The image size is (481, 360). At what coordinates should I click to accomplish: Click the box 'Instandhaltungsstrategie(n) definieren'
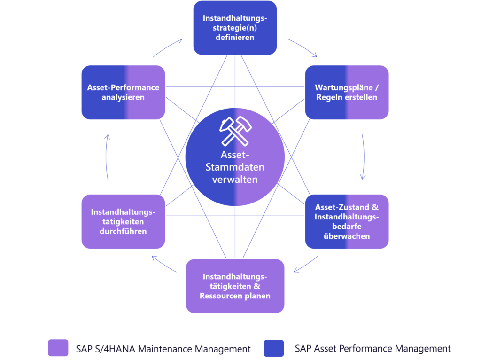[235, 28]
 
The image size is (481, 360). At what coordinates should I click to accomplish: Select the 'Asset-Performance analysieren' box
[123, 92]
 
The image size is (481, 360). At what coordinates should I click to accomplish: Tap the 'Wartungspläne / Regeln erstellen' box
[347, 92]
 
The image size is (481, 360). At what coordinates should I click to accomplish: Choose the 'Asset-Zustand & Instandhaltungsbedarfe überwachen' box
[347, 221]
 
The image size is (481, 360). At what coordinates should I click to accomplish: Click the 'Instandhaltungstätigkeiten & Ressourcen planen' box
[235, 286]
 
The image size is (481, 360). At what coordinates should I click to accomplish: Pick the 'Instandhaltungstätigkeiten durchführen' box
[123, 221]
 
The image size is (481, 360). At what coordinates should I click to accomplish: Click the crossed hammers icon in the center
[235, 130]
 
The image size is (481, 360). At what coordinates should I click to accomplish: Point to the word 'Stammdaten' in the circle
[235, 167]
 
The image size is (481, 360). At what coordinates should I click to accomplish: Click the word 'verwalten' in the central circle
[235, 179]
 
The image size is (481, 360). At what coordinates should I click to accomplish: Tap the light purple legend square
[58, 348]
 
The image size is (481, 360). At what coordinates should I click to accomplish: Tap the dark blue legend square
[274, 348]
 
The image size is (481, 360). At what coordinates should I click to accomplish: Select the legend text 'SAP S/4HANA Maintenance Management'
[163, 349]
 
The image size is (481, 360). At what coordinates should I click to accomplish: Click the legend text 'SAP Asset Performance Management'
[372, 349]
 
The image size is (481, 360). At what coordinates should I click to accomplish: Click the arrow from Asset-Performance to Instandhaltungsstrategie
[168, 47]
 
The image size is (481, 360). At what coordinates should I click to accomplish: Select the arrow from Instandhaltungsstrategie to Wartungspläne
[303, 47]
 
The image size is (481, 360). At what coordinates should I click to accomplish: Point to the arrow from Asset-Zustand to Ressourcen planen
[306, 265]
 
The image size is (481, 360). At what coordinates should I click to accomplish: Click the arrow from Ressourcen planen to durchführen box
[164, 265]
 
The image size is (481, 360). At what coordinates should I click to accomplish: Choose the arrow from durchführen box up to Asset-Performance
[107, 157]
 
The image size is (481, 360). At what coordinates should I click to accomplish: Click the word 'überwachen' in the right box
[347, 236]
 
